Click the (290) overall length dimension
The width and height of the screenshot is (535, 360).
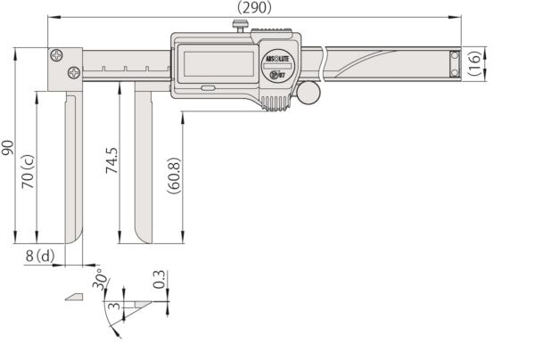pos(254,7)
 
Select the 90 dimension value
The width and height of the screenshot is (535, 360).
pos(8,146)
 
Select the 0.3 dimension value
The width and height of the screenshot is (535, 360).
pos(159,280)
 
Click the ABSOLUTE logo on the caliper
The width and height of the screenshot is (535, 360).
pos(277,60)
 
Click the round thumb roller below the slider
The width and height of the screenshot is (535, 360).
pos(309,92)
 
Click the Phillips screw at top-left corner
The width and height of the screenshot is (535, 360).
pos(57,55)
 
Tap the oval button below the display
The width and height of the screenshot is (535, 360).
pos(209,88)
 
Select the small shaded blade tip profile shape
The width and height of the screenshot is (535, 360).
pos(74,297)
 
